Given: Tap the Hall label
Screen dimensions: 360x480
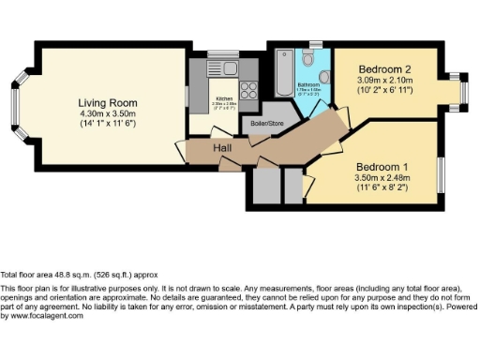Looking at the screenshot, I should (222, 149).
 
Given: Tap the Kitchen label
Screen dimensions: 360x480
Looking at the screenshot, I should (224, 97).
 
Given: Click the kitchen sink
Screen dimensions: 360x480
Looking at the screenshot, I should (230, 67).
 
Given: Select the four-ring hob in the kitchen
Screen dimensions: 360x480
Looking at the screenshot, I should (249, 90).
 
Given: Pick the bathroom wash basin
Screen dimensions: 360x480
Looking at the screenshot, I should (323, 76).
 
